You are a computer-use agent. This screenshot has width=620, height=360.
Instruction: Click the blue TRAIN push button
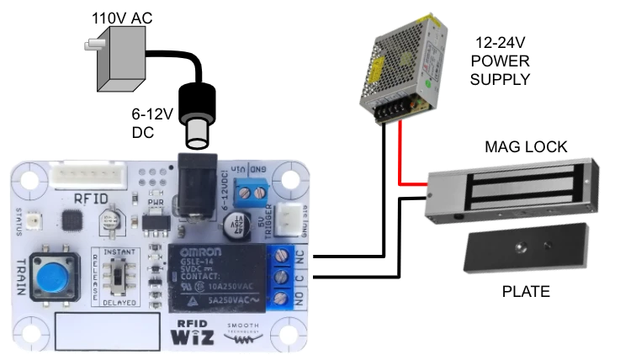coord(52,275)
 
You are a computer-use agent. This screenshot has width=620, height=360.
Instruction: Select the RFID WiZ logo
coord(192,332)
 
